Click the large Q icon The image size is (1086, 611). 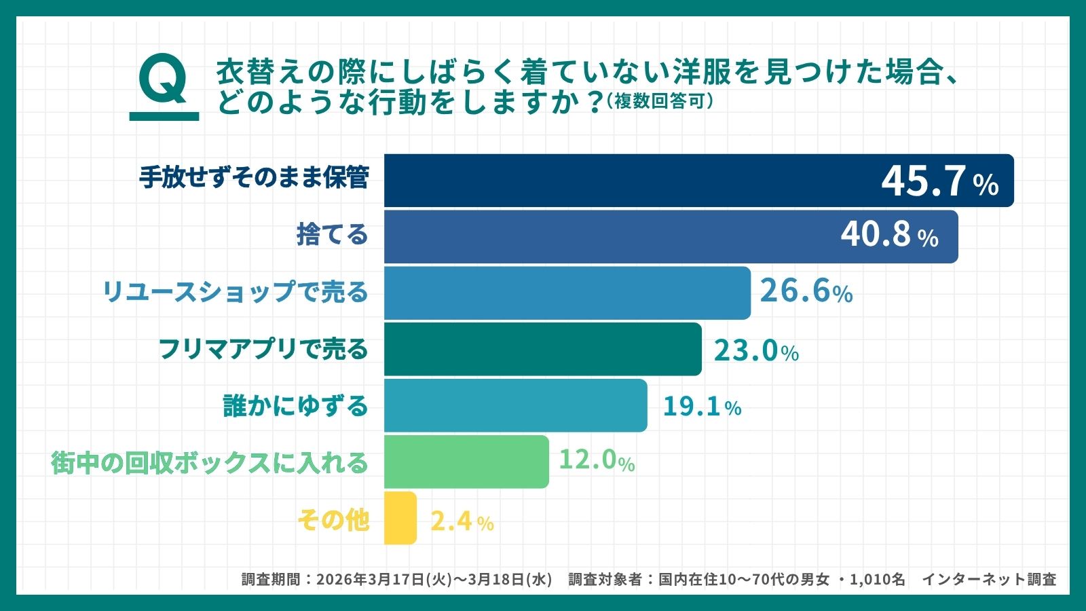(x=164, y=81)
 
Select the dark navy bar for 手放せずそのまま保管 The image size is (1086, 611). (x=611, y=181)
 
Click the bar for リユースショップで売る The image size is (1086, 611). (x=567, y=293)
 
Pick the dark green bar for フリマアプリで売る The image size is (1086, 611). (x=542, y=349)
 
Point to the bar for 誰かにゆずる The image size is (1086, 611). (x=515, y=405)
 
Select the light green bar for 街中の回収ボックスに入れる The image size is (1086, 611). (x=466, y=462)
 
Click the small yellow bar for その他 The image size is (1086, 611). (x=400, y=518)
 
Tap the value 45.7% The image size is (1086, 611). (x=939, y=181)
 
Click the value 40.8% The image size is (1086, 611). (x=889, y=235)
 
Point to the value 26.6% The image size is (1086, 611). (x=806, y=291)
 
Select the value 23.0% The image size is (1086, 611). (x=755, y=351)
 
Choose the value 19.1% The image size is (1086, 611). (x=701, y=407)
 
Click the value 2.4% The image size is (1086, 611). (x=462, y=521)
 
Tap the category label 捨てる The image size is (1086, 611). (x=332, y=235)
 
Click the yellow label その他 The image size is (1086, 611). (x=333, y=520)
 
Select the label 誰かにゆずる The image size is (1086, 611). (x=295, y=406)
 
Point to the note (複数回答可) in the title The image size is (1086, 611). (x=660, y=101)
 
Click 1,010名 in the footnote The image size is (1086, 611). (x=877, y=579)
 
